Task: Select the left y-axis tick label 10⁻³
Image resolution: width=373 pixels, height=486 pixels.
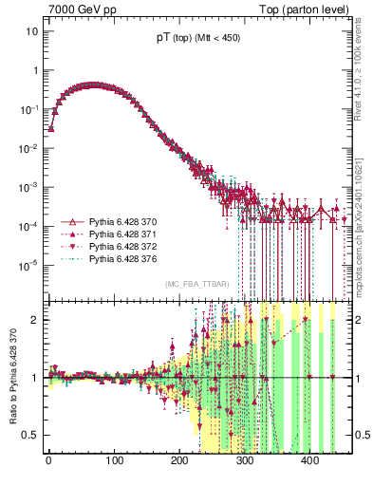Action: (29, 187)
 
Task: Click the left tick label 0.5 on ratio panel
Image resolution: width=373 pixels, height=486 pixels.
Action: (29, 435)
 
